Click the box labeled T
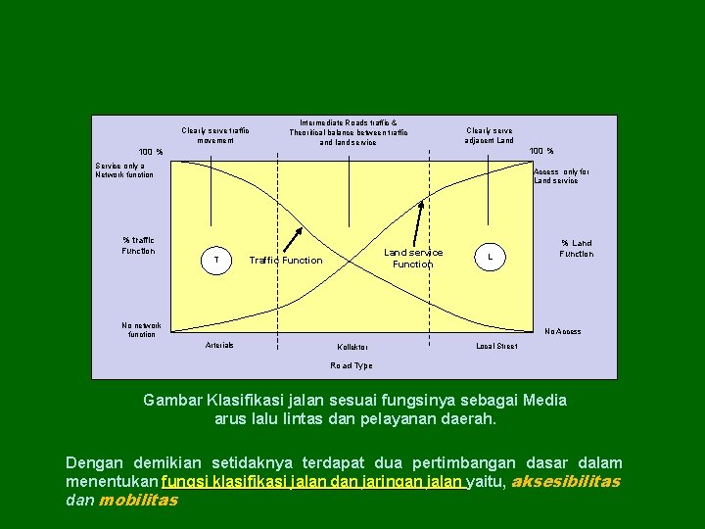click(x=215, y=260)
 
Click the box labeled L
click(x=491, y=257)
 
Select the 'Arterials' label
click(x=219, y=345)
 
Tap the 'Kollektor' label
click(x=352, y=348)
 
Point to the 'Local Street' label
click(x=496, y=346)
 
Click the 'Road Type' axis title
click(x=352, y=365)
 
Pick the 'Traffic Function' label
click(x=286, y=261)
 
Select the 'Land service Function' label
click(x=412, y=259)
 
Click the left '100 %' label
click(x=151, y=152)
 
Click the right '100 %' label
click(x=541, y=151)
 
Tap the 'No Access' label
click(x=562, y=331)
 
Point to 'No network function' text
click(x=142, y=330)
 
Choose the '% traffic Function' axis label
click(x=138, y=246)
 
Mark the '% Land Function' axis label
click(x=576, y=249)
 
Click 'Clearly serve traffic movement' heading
click(x=215, y=135)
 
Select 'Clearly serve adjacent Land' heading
click(x=490, y=135)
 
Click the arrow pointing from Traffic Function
click(x=292, y=240)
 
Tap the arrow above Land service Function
click(x=419, y=221)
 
